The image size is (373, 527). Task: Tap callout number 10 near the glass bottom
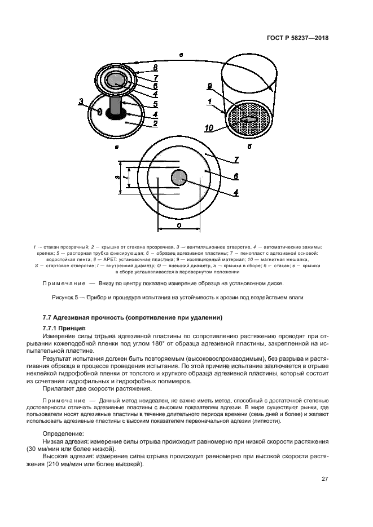coord(208,129)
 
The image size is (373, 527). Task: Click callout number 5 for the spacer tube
coord(155,104)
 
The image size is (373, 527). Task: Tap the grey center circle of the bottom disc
coord(179,178)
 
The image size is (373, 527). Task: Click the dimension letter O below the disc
coord(179,224)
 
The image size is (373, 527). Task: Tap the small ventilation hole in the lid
coord(100,111)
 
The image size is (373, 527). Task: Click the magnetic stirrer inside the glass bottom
coord(249,120)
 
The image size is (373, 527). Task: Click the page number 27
coord(325,479)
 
